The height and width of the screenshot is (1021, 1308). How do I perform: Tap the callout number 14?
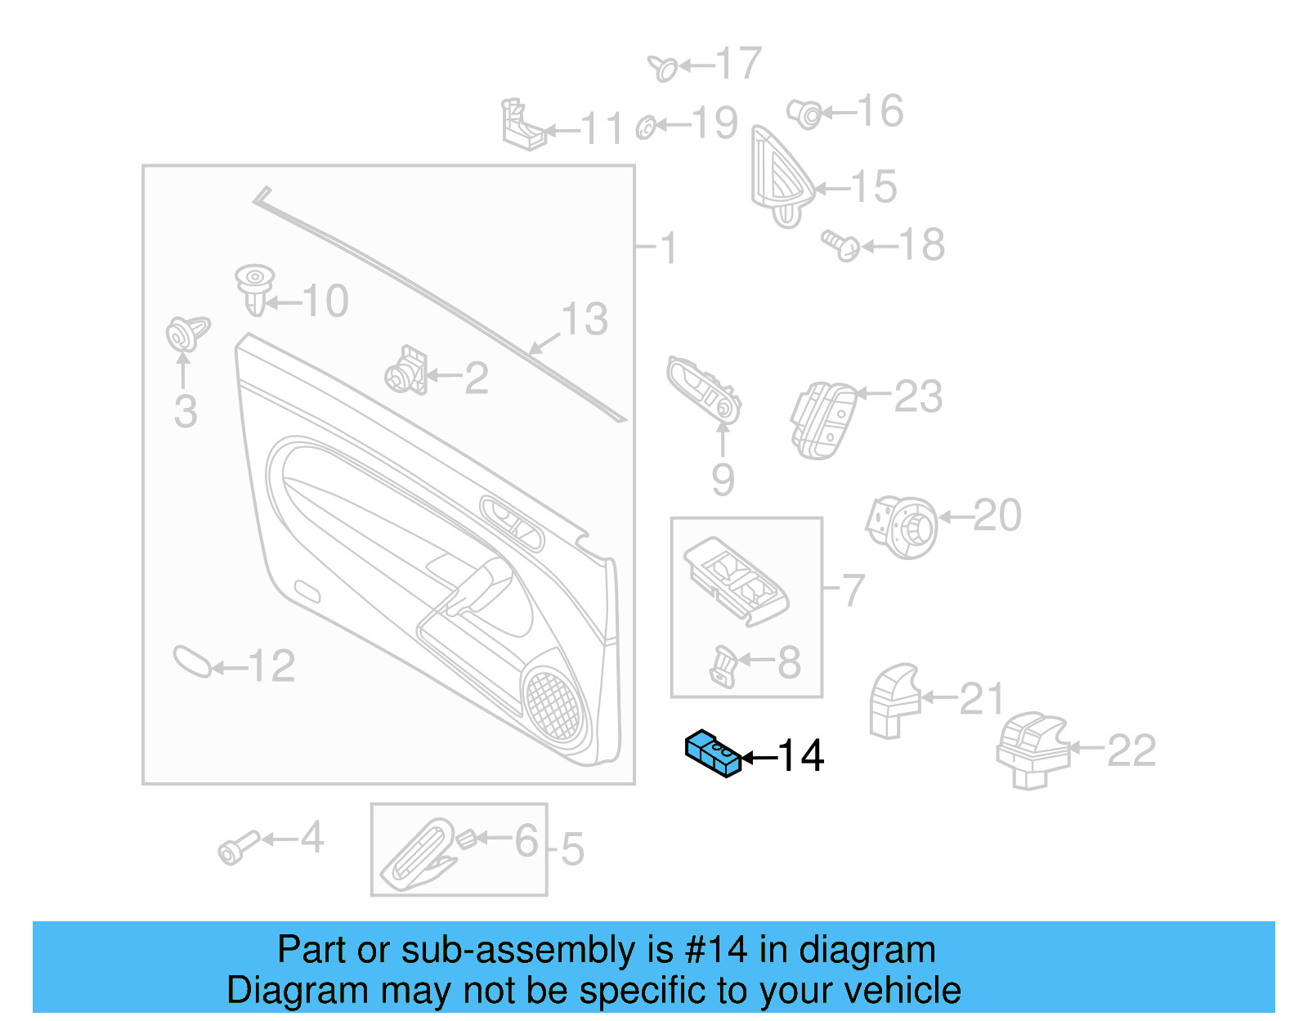click(x=800, y=756)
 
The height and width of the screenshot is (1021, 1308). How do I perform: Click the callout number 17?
click(x=737, y=64)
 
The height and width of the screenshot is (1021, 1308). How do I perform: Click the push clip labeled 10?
click(x=254, y=288)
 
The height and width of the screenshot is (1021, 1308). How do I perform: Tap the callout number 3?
click(x=186, y=411)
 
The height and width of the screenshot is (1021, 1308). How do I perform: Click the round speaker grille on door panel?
click(x=553, y=705)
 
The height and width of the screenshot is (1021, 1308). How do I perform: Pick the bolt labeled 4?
click(x=237, y=848)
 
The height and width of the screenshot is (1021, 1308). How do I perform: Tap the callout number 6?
click(x=526, y=840)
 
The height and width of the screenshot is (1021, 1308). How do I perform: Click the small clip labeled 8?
click(x=724, y=665)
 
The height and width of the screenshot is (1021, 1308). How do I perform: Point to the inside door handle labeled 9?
click(x=704, y=390)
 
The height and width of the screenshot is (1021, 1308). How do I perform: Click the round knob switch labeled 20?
click(x=903, y=526)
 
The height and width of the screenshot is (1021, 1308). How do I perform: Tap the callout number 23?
click(x=918, y=397)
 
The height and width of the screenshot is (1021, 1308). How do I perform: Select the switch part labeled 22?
click(x=1032, y=747)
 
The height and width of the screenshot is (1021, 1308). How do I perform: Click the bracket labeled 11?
click(x=522, y=127)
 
